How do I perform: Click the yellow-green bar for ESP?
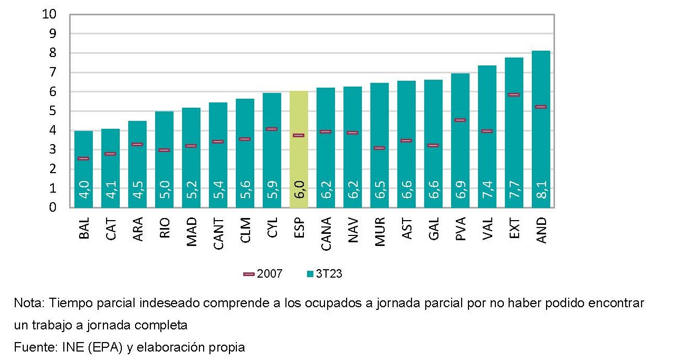pyautogui.click(x=299, y=148)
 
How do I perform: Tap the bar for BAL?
pyautogui.click(x=83, y=169)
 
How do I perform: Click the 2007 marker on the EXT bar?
pyautogui.click(x=514, y=95)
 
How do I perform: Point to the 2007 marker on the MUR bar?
pyautogui.click(x=379, y=148)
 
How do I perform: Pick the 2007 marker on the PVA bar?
pyautogui.click(x=460, y=120)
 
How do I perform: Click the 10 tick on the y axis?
pyautogui.click(x=49, y=14)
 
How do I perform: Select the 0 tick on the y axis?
pyautogui.click(x=53, y=207)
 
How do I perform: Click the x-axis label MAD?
pyautogui.click(x=192, y=231)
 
